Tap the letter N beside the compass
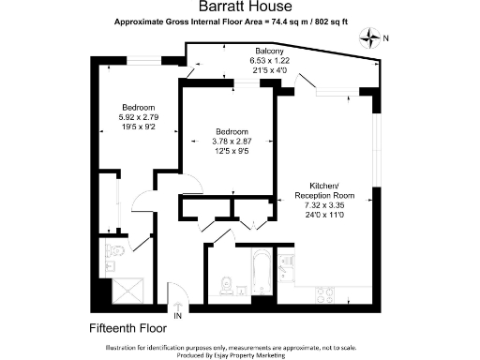[x=385, y=38]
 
